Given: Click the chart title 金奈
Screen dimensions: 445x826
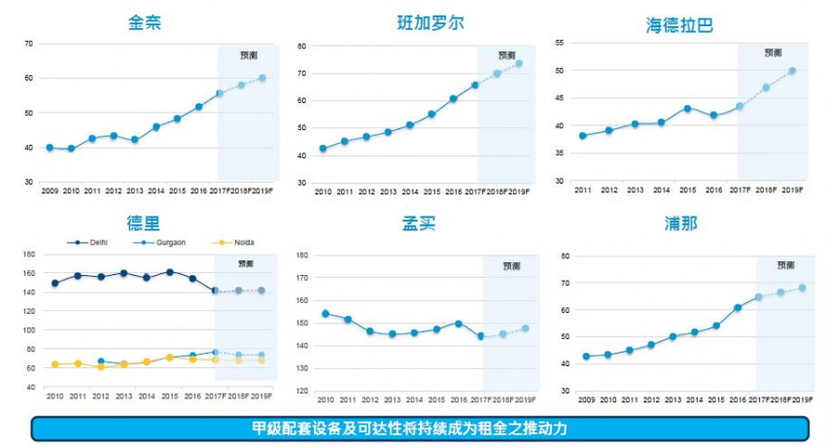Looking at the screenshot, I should [x=144, y=22].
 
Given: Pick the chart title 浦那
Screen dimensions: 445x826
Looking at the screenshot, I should [x=679, y=224].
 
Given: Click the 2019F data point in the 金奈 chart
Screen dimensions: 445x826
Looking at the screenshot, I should [x=261, y=78].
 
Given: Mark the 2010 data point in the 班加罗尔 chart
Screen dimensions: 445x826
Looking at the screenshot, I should [x=323, y=149].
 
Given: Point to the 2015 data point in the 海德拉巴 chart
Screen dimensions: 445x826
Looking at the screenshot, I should [x=687, y=108].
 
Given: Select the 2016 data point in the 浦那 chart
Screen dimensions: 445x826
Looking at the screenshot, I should [x=738, y=307].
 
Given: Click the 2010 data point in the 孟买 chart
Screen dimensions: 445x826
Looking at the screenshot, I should [x=326, y=313].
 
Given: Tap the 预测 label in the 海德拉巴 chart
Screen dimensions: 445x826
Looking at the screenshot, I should [x=774, y=52].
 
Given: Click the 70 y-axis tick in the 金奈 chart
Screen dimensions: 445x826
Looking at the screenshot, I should [x=28, y=44].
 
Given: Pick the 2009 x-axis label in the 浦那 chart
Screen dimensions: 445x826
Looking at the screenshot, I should [x=586, y=400].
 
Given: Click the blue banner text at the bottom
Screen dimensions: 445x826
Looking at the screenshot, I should [x=419, y=428].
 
